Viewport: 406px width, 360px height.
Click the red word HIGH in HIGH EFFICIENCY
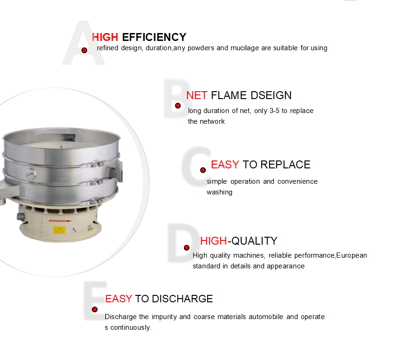point(105,37)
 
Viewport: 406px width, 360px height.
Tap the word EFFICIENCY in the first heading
point(154,37)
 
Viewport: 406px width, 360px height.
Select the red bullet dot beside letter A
point(84,50)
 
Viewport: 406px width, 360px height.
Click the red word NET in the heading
point(197,95)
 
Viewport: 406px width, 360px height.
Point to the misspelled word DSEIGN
point(271,95)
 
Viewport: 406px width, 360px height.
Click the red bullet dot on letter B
point(178,106)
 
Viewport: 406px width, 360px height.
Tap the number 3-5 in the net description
point(274,111)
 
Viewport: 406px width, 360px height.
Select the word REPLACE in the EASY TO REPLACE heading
point(285,165)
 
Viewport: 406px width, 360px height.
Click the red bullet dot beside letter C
point(203,170)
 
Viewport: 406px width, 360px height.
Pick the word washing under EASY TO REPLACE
point(220,193)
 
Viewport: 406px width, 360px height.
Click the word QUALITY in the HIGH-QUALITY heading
point(255,241)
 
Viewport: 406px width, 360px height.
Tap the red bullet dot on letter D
point(186,248)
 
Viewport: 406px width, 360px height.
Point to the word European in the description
point(352,256)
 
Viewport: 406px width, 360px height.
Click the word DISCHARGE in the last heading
point(183,299)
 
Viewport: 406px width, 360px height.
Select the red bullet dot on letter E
point(95,309)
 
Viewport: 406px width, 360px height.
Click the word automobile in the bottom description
point(266,317)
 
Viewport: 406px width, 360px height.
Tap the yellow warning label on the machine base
point(59,230)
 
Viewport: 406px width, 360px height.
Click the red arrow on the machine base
point(60,220)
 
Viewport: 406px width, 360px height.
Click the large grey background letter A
point(83,43)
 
